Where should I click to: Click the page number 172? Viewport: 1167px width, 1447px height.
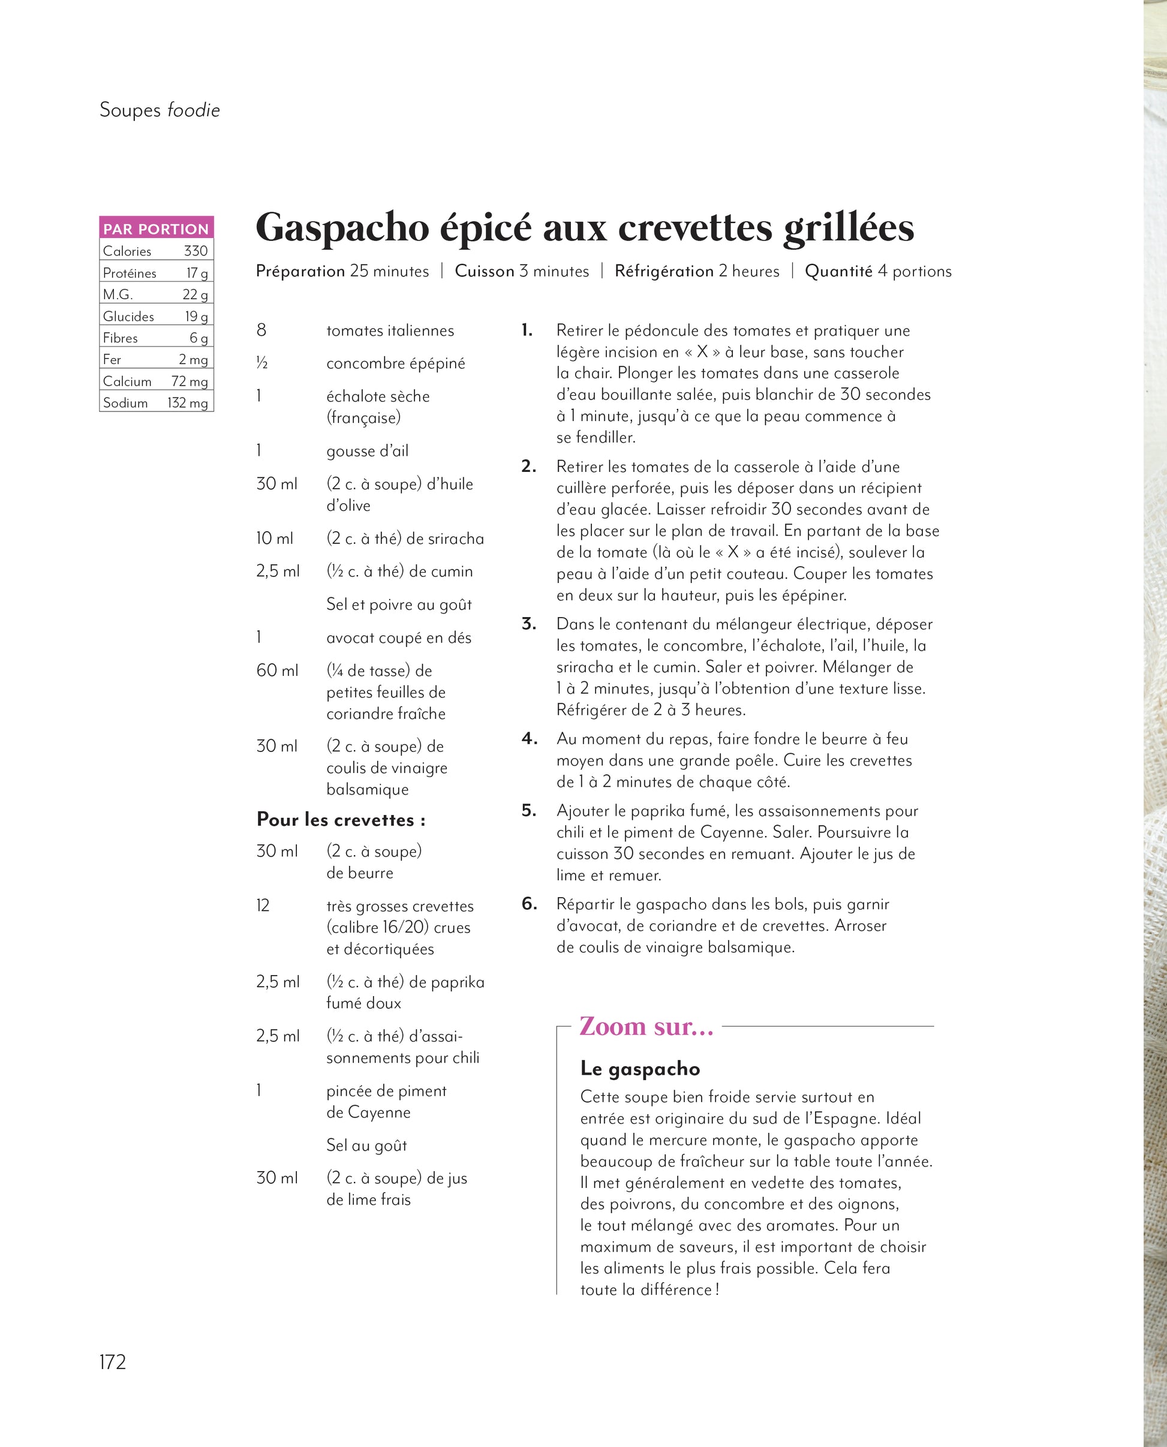(112, 1361)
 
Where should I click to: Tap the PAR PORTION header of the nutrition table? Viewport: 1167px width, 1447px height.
(156, 228)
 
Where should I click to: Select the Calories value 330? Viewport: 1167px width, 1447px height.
(195, 251)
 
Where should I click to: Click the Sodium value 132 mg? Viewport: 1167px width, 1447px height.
(188, 402)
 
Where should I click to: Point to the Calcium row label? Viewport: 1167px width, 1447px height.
(127, 381)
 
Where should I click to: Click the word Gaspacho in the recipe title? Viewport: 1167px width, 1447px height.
(342, 228)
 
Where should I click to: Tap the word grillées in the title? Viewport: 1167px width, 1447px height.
(849, 228)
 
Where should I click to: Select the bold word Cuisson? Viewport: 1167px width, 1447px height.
(484, 271)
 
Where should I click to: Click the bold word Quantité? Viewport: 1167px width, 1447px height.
(838, 271)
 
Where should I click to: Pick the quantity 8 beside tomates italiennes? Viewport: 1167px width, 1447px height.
(261, 330)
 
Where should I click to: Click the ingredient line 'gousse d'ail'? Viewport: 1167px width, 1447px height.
(367, 450)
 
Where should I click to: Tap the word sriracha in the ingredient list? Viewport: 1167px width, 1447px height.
(455, 539)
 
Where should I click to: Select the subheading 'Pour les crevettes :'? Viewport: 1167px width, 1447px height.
(341, 819)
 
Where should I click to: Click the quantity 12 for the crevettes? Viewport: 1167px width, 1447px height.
(263, 905)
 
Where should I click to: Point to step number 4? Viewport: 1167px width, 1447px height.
(529, 739)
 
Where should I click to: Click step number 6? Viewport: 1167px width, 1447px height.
(529, 904)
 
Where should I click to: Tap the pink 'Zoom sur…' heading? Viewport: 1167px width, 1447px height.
(646, 1026)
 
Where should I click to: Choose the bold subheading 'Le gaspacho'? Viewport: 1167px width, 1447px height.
(640, 1068)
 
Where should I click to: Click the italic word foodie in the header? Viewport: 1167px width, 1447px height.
(194, 110)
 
